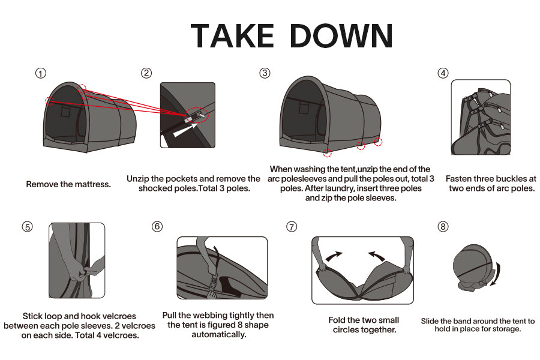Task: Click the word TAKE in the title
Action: pos(232,36)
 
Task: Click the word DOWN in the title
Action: pos(341,36)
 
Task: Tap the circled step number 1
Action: pos(41,73)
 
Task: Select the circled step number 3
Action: pos(265,73)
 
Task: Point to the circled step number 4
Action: pos(443,73)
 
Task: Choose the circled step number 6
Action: pos(157,226)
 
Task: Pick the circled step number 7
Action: pos(292,227)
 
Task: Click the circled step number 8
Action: pos(443,226)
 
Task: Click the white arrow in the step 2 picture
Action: pos(185,130)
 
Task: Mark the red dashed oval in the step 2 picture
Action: pos(197,115)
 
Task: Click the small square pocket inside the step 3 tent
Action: pos(304,108)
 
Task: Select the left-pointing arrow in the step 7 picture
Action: pos(377,256)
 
